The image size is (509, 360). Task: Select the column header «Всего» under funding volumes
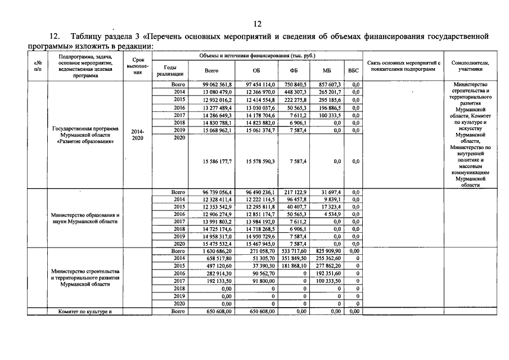pos(211,71)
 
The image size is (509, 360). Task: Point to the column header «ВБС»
pos(353,71)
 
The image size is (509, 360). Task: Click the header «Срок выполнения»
pos(137,66)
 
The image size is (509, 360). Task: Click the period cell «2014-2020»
pos(137,135)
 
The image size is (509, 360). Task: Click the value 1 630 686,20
pos(217,251)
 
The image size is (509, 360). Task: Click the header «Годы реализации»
pos(170,71)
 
